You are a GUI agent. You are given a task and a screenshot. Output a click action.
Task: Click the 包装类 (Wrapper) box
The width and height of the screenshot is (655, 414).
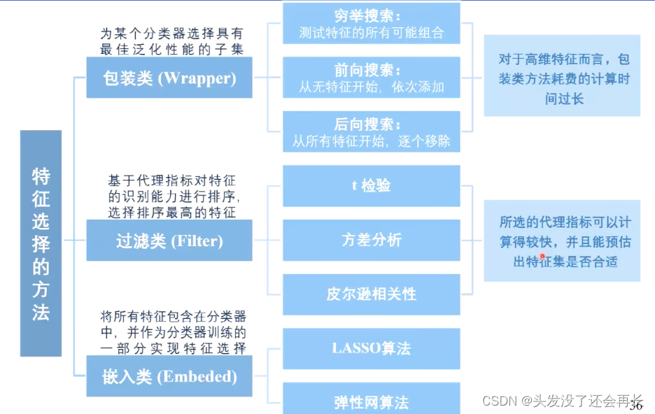169,78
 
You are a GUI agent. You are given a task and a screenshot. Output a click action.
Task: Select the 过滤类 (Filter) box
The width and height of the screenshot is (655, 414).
169,241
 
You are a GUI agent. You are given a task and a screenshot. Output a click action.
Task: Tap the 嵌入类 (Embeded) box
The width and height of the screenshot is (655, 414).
169,376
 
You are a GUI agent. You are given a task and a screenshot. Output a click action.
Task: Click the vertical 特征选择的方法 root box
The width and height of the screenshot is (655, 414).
41,243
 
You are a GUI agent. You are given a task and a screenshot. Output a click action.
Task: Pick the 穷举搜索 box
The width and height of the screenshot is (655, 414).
372,24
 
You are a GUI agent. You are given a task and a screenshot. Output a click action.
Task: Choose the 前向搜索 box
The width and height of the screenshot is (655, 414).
372,78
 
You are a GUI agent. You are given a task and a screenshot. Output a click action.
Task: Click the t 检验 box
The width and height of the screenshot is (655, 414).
372,186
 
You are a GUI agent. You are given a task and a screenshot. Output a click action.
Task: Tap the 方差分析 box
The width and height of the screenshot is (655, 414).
372,241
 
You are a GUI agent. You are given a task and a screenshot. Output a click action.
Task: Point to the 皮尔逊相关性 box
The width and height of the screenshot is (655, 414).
372,294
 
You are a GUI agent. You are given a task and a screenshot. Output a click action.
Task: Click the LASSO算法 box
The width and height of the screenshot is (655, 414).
372,348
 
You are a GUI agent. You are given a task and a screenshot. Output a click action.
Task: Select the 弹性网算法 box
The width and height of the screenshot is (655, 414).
372,401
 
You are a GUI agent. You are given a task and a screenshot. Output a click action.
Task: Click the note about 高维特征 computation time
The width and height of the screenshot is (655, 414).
562,80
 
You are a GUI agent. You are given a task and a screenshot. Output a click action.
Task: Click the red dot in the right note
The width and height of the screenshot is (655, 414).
542,257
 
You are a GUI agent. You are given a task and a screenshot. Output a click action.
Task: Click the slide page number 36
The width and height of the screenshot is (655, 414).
636,406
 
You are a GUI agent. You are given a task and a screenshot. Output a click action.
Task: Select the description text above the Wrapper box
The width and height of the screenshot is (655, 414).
171,41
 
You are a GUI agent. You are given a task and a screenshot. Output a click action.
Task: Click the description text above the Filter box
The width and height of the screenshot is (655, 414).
171,197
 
